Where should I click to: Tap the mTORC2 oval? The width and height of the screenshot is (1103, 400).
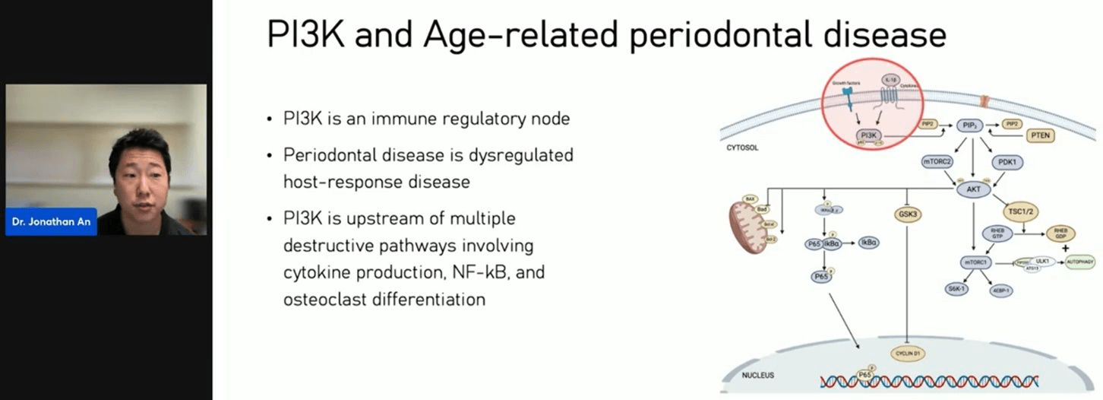[937, 161]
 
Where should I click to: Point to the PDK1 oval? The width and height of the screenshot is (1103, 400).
[1008, 161]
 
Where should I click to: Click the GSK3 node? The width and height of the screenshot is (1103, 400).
[908, 214]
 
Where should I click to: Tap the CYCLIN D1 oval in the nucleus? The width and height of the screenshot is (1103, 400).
[907, 354]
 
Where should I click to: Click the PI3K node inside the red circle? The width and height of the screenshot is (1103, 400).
[865, 135]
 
